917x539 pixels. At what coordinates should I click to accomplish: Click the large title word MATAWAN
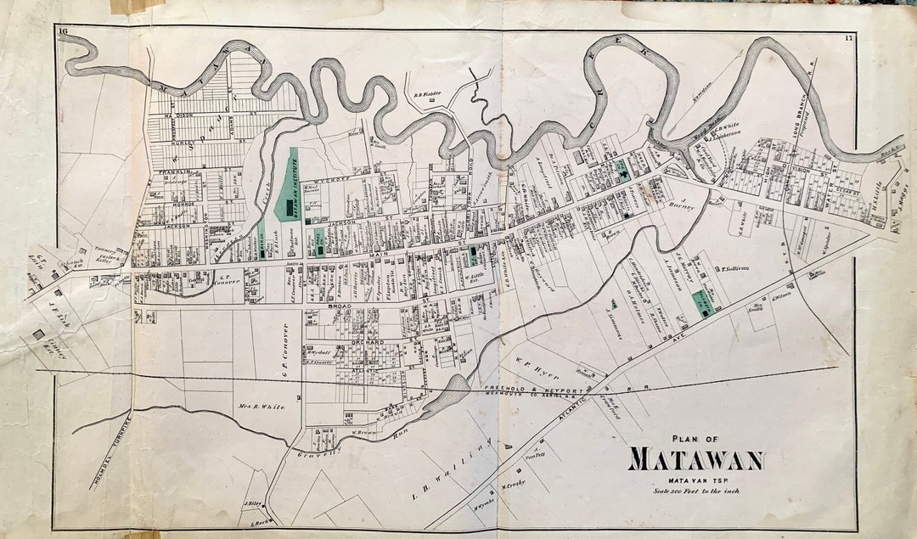coord(695,459)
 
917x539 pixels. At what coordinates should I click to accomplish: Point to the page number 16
coord(63,32)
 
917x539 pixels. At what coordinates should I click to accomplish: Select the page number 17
coord(848,38)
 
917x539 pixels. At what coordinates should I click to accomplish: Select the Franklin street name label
coord(172,172)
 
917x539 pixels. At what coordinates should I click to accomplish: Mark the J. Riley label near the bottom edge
coord(250,502)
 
